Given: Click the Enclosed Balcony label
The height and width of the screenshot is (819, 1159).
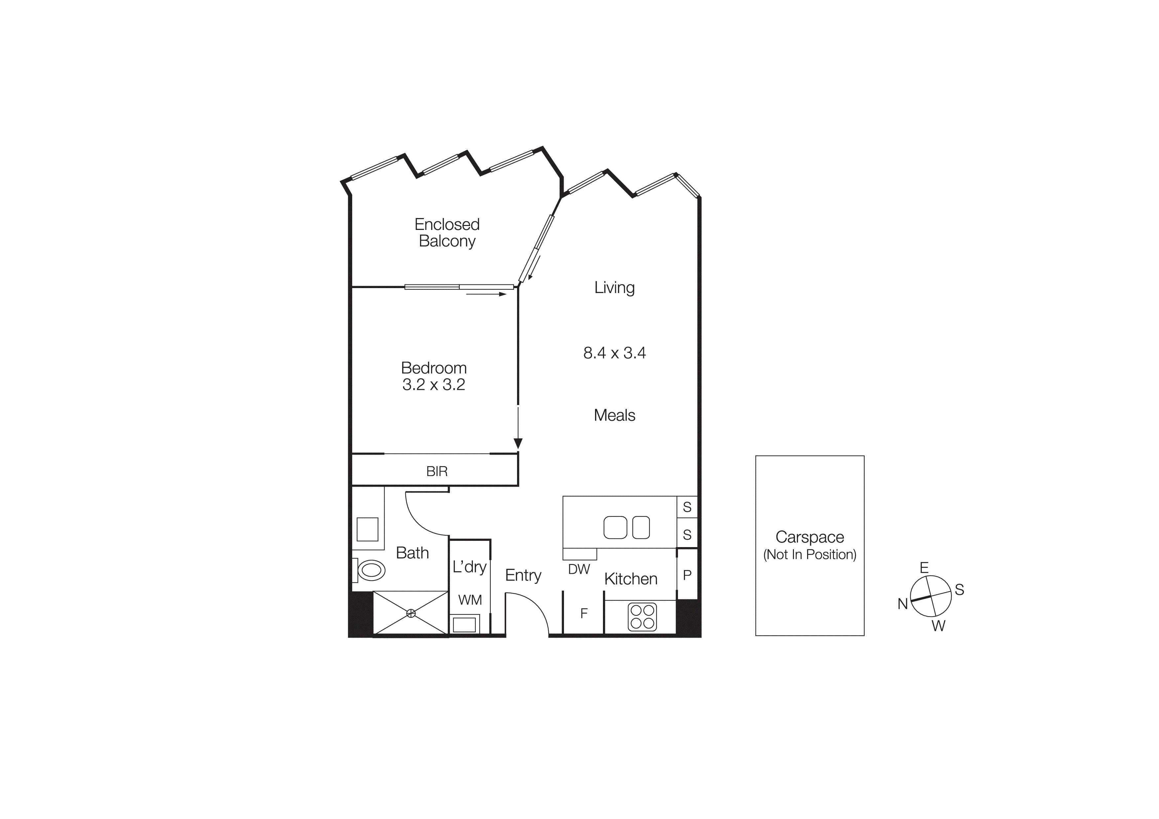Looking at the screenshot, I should pos(447,233).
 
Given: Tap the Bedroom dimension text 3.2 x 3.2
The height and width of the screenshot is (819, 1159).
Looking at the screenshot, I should pos(433,385).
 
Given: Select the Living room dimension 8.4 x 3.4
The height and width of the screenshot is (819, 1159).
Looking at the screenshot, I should pos(614,353).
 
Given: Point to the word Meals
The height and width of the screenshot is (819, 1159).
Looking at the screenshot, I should pos(614,415).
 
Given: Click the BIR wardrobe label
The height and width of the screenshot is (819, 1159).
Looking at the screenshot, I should pos(437,471).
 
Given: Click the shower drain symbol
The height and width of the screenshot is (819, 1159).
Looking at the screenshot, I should pos(411,613).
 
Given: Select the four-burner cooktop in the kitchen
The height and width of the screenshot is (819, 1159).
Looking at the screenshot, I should pos(642,617).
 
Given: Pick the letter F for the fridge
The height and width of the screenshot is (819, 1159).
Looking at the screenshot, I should pos(584,613).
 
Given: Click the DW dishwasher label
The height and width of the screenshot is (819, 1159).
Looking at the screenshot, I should pos(579,569).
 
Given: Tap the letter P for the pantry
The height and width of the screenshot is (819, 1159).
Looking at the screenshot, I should pos(687,575).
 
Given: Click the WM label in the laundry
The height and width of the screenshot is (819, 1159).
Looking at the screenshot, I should pos(470,600).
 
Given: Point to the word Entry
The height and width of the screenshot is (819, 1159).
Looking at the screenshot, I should pos(523,575).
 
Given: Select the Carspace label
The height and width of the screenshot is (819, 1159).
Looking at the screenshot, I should pos(810,537).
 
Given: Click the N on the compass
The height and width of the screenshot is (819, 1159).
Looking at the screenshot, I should pos(903,604).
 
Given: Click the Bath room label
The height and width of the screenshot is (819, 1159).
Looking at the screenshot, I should pos(412,553).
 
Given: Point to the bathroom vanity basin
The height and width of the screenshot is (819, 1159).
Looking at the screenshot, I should pos(367,529).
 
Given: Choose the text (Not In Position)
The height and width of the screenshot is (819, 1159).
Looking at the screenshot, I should pos(810,555).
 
